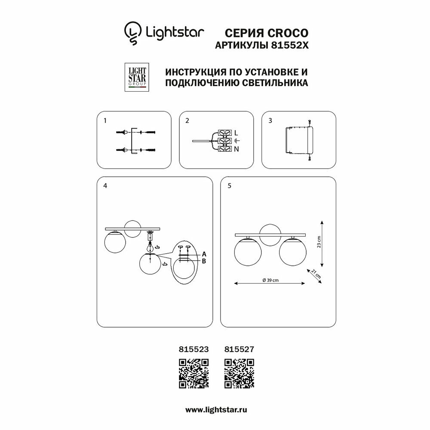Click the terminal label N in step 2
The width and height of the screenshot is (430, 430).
pos(236,149)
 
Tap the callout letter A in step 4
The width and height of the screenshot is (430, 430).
pos(204,254)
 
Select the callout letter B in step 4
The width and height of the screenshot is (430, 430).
pos(204,261)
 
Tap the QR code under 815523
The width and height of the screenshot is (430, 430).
pos(193,372)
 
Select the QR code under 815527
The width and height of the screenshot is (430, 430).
pos(240,372)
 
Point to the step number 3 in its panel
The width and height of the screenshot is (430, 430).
pos(270,121)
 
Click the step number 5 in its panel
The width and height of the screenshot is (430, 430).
pos(229,186)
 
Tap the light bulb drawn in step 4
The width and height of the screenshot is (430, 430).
pos(150,247)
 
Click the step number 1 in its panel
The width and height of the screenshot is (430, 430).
pos(104,121)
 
